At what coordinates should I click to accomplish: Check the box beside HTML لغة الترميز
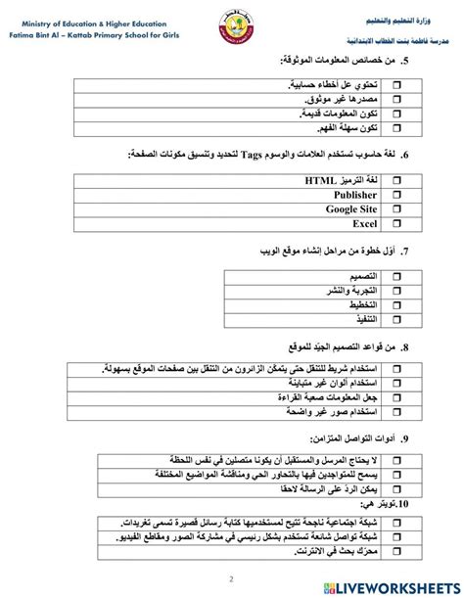tap(398, 181)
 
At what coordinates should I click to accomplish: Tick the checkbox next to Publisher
tap(398, 195)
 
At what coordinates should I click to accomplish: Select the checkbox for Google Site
tap(398, 208)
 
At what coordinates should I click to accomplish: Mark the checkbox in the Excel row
tap(398, 223)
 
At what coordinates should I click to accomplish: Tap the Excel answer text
tap(364, 223)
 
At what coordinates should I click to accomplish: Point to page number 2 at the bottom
tap(231, 577)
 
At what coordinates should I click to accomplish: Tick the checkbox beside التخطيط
tap(398, 305)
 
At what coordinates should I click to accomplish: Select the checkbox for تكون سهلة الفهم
tap(398, 128)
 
